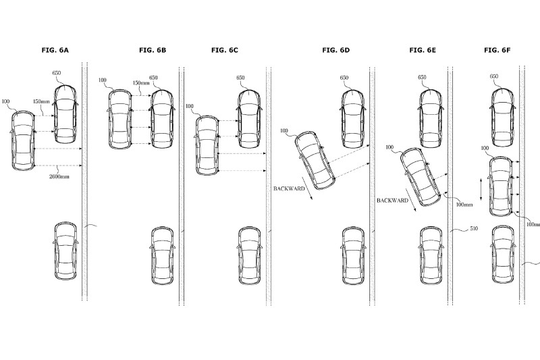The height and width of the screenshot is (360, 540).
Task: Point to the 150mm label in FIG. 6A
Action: point(41,102)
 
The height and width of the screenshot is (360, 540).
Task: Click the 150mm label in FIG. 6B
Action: point(140,83)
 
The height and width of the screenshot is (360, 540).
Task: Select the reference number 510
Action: point(474,230)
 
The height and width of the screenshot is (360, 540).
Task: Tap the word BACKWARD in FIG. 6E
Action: point(391,201)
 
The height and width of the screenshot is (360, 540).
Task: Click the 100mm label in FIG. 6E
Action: point(464,205)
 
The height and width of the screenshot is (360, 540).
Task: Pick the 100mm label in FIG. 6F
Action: point(533,224)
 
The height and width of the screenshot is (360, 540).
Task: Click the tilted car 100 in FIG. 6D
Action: point(314,160)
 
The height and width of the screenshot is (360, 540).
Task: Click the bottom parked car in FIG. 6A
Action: point(66,251)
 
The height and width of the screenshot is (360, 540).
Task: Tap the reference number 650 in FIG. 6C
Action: point(241,78)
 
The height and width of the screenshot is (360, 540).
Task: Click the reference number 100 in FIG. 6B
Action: point(103,80)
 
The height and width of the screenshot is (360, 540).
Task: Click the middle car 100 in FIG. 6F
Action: point(500,186)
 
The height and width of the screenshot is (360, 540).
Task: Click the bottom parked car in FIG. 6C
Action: point(249,255)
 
